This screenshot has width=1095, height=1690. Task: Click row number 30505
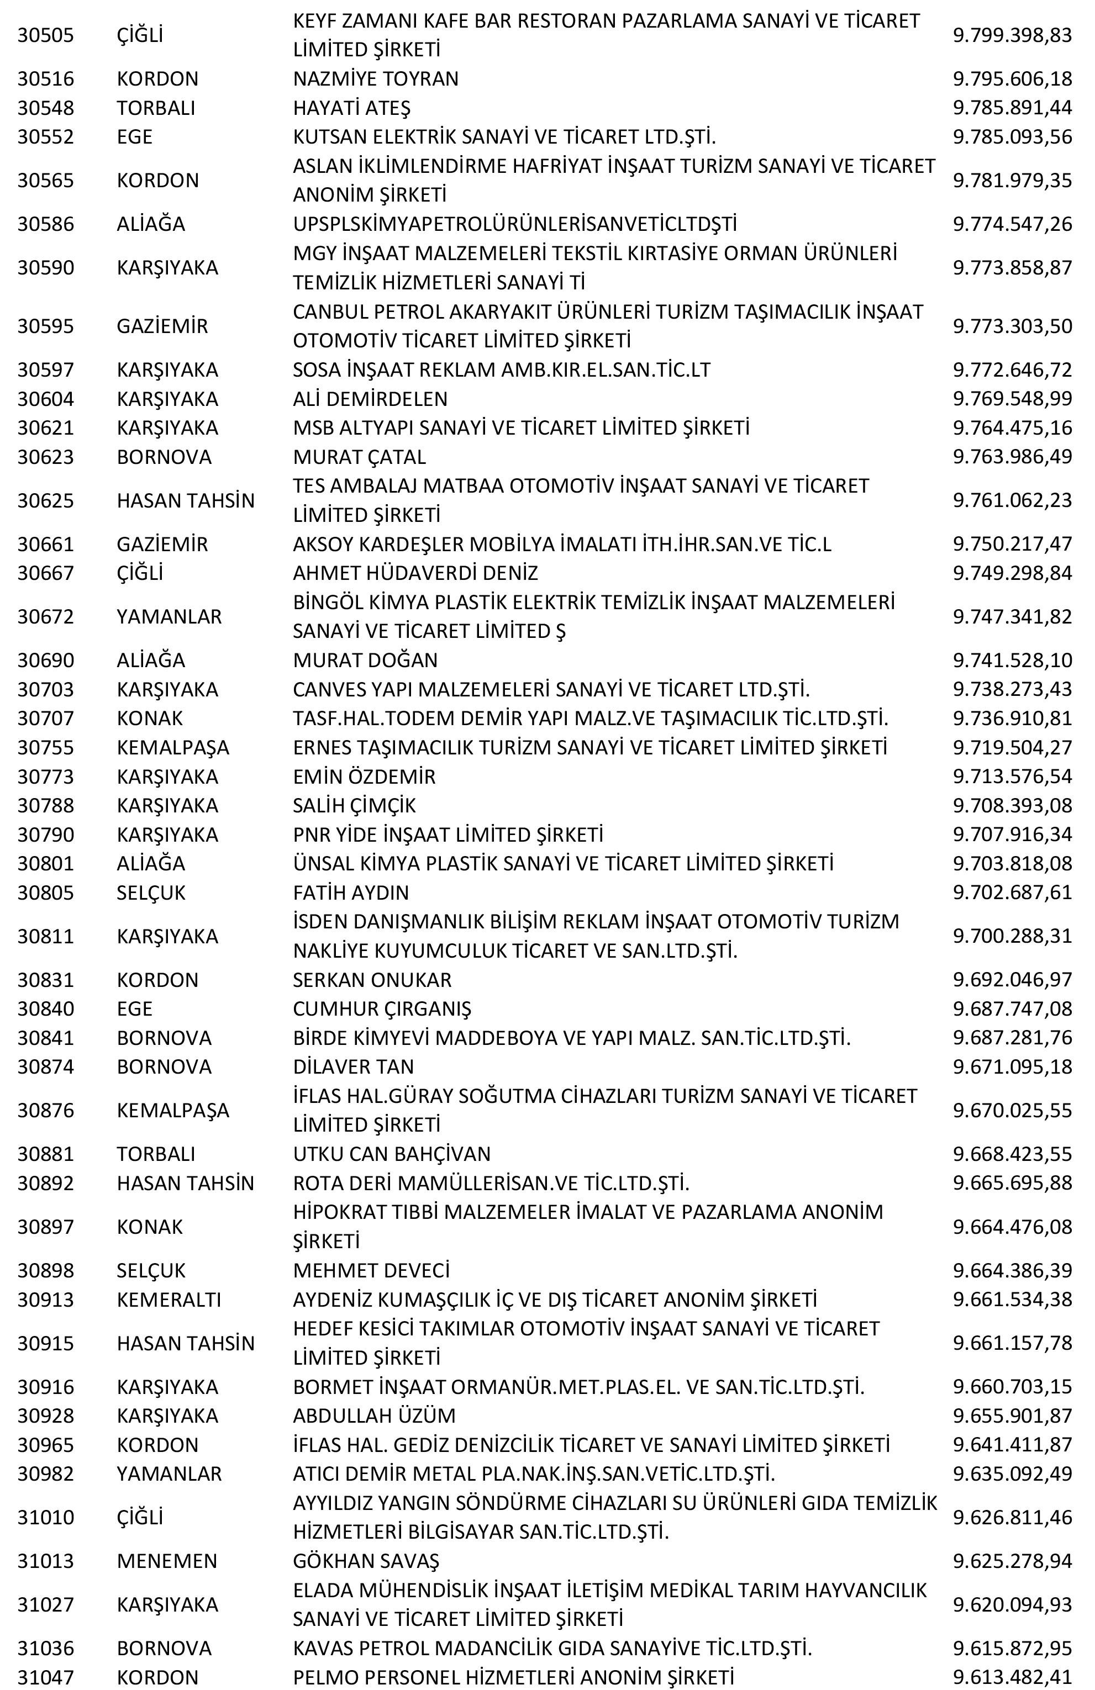pos(45,35)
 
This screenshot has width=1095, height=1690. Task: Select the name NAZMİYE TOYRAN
pos(376,78)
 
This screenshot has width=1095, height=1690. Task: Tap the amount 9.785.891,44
pos(1012,107)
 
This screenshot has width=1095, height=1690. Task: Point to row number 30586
pos(45,224)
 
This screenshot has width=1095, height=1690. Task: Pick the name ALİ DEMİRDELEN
pos(370,398)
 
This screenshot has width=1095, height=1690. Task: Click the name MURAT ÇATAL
pos(359,457)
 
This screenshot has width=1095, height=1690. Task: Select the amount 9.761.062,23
pos(1012,500)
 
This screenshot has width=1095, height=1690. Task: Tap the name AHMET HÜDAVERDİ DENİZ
pos(415,572)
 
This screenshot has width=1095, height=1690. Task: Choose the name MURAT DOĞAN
pos(365,659)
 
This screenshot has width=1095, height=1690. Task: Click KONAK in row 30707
pos(149,718)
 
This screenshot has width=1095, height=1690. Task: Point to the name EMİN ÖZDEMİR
pos(364,776)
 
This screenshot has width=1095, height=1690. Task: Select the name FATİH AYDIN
pos(351,892)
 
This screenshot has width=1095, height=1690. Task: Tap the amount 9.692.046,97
pos(1012,979)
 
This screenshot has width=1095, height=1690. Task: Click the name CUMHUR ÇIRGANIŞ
pos(382,1008)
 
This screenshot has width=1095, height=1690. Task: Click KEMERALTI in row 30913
pos(169,1300)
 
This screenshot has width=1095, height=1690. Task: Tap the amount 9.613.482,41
pos(1012,1677)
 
